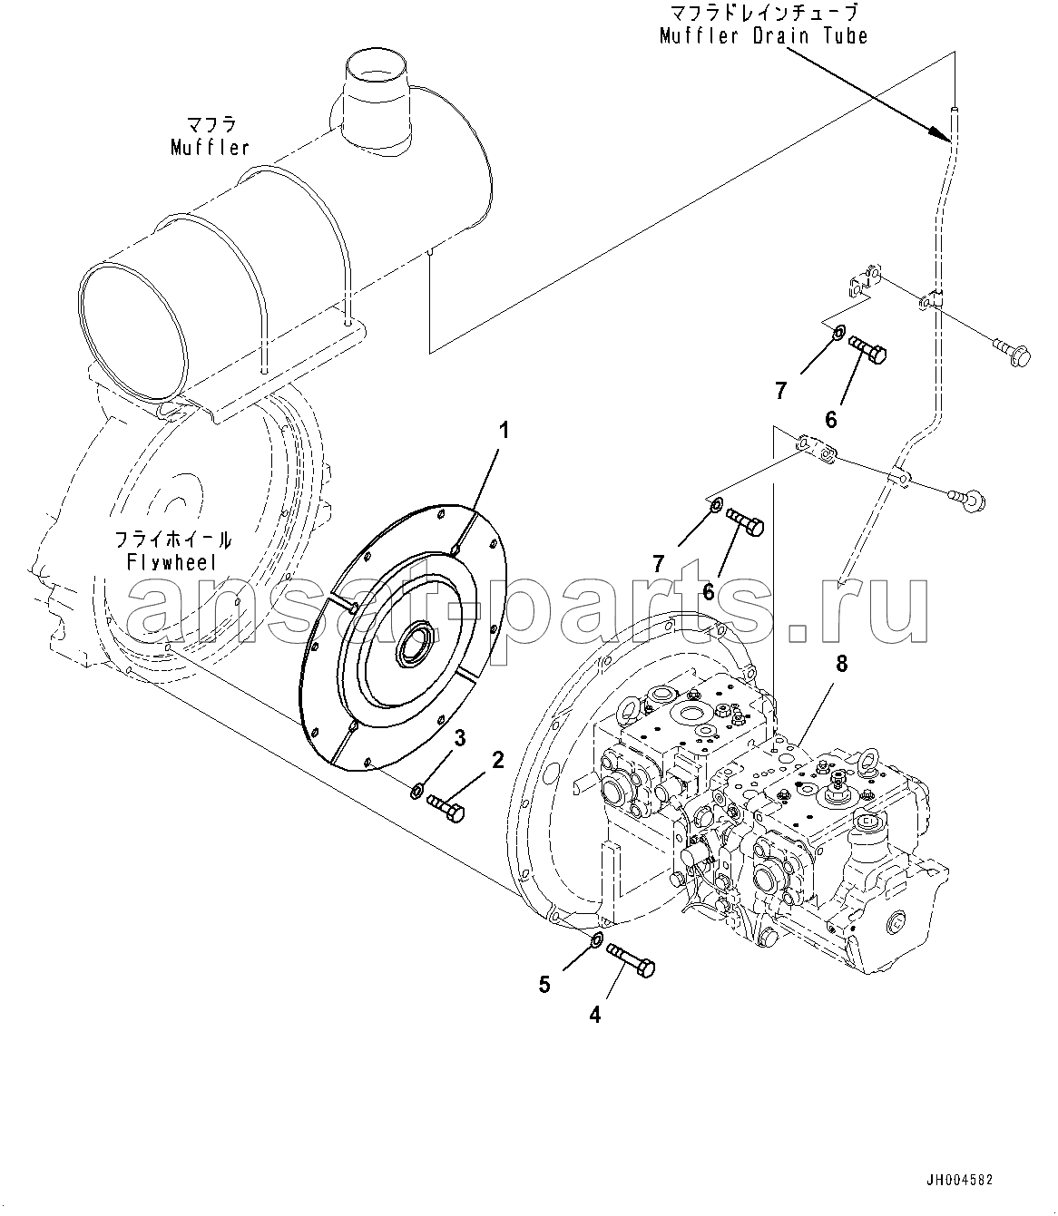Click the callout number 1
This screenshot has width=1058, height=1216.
(x=504, y=431)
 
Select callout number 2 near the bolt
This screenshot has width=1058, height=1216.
(x=497, y=760)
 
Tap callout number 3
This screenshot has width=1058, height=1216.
(x=460, y=739)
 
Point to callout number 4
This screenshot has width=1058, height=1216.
(x=595, y=1015)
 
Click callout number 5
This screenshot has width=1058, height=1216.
(x=544, y=985)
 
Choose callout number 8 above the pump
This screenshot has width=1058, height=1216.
(x=841, y=664)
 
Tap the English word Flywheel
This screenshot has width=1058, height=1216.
(x=171, y=562)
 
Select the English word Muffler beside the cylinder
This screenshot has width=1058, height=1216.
(x=210, y=148)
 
